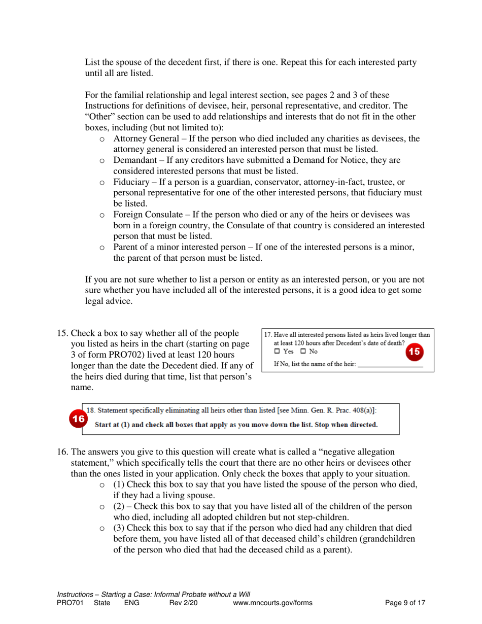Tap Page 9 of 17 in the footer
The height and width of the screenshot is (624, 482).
coord(405,603)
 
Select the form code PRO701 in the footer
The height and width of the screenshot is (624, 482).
coord(70,603)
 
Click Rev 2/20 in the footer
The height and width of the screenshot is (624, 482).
coord(181,603)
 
